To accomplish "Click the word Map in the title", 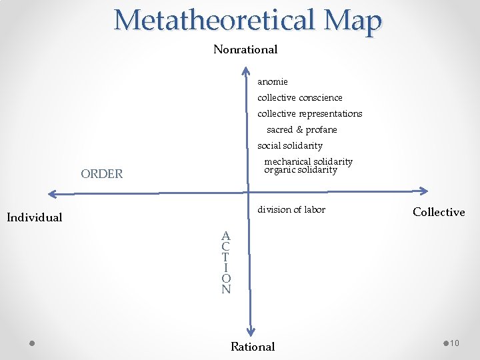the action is (353, 20).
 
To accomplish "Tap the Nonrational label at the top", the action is (245, 49).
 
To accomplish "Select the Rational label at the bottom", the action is (253, 347).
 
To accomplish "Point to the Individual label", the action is (34, 217).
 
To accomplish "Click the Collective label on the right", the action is (439, 212).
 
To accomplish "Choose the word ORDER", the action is (101, 174).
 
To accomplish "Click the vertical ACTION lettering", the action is (226, 262).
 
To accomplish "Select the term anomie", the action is (273, 81).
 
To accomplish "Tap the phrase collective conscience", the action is (300, 97).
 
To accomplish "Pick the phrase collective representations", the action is (310, 113).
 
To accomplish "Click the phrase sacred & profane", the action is (302, 129).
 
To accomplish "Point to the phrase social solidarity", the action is (290, 145).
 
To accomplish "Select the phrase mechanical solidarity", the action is (308, 161).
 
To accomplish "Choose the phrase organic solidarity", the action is (301, 170).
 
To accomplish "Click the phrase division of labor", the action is (291, 209).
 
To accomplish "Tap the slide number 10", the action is (455, 343).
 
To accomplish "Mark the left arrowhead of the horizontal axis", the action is (53, 195).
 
